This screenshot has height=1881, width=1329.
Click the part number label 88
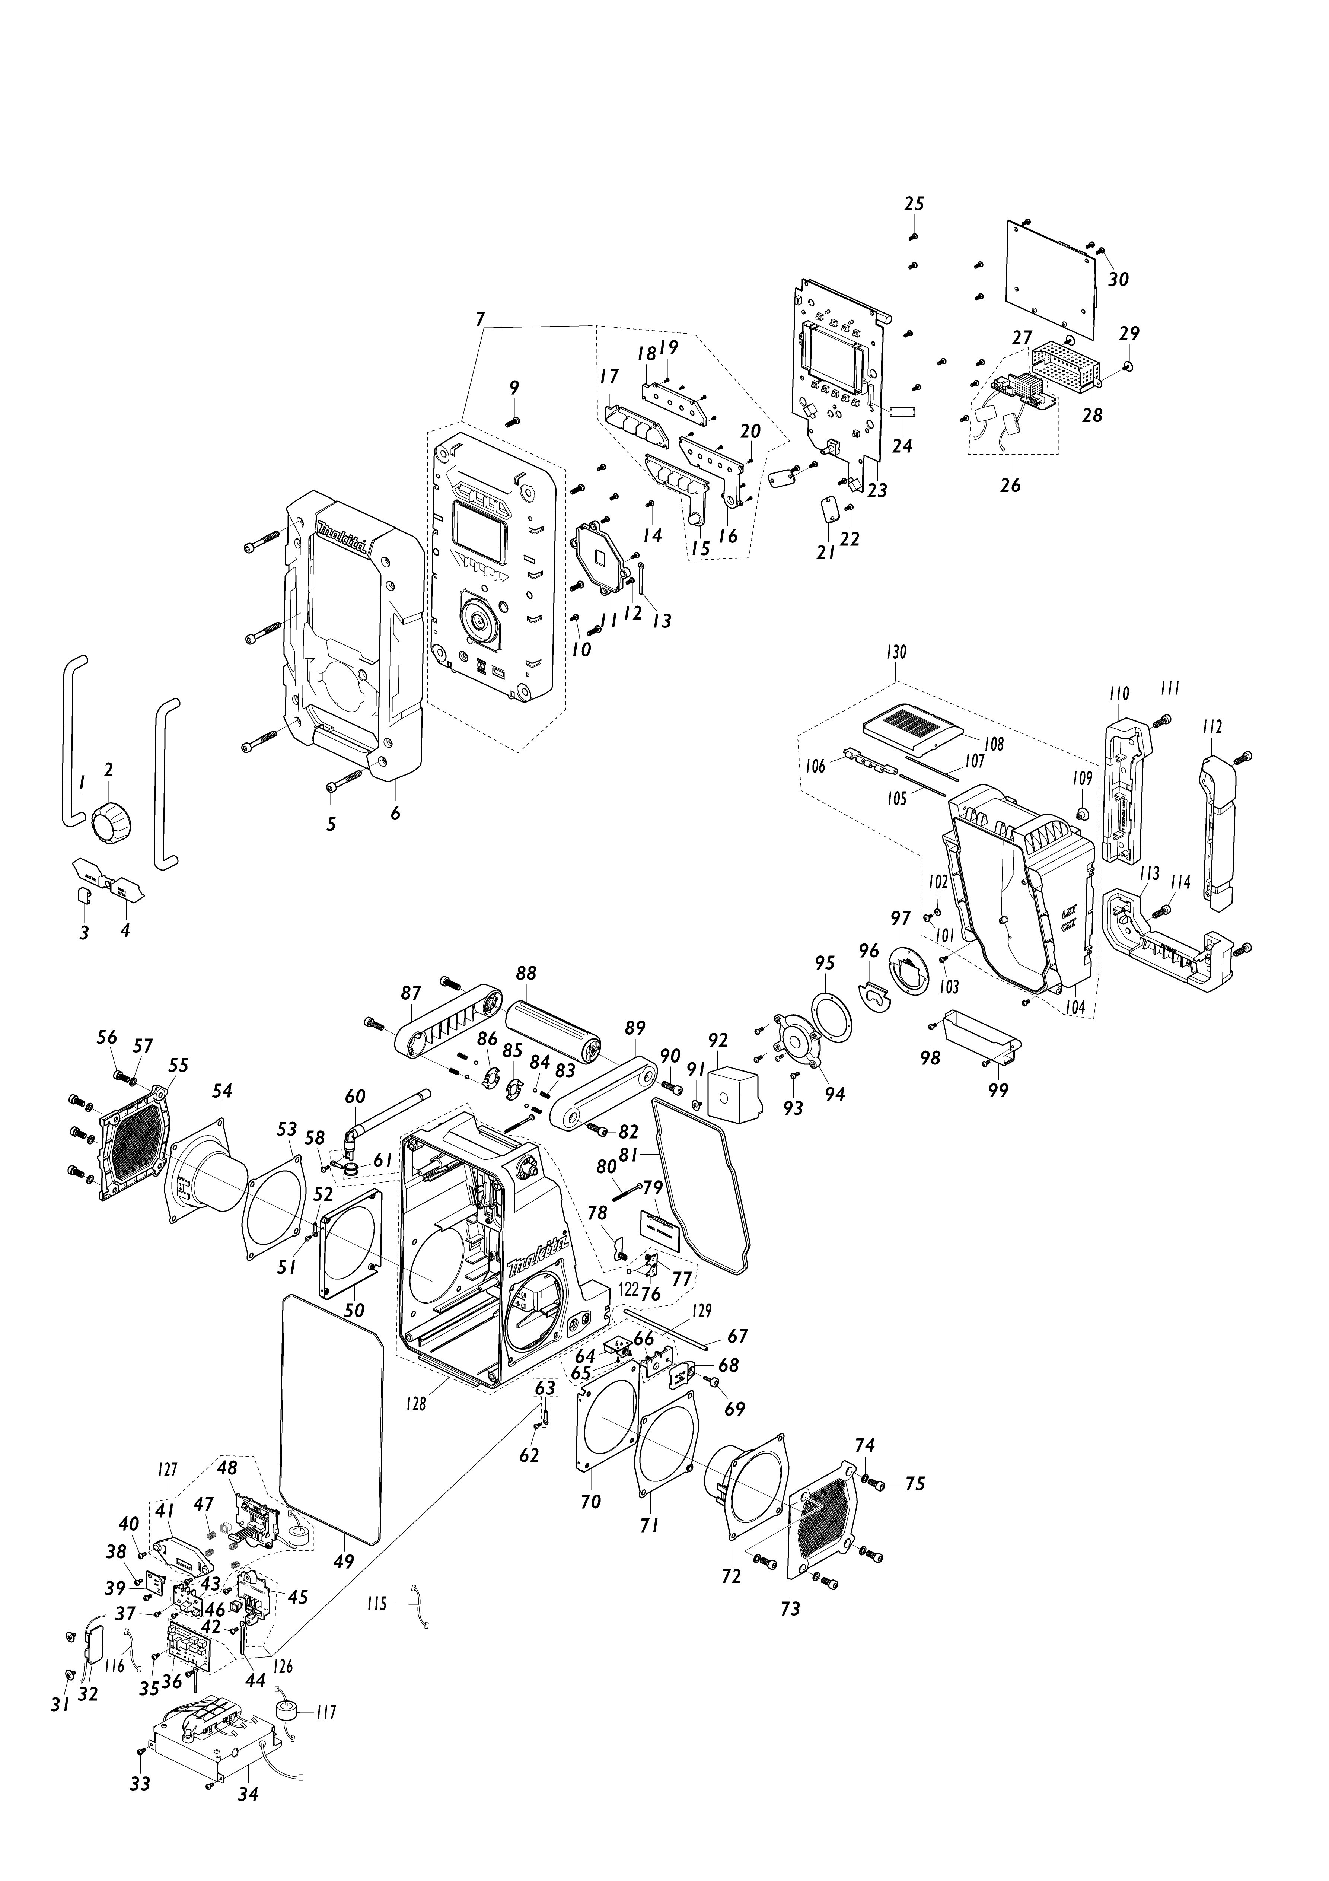click(526, 973)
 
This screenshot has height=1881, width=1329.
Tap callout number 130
click(896, 652)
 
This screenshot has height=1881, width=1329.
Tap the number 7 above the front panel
click(480, 319)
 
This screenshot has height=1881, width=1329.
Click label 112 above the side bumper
click(1212, 727)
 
